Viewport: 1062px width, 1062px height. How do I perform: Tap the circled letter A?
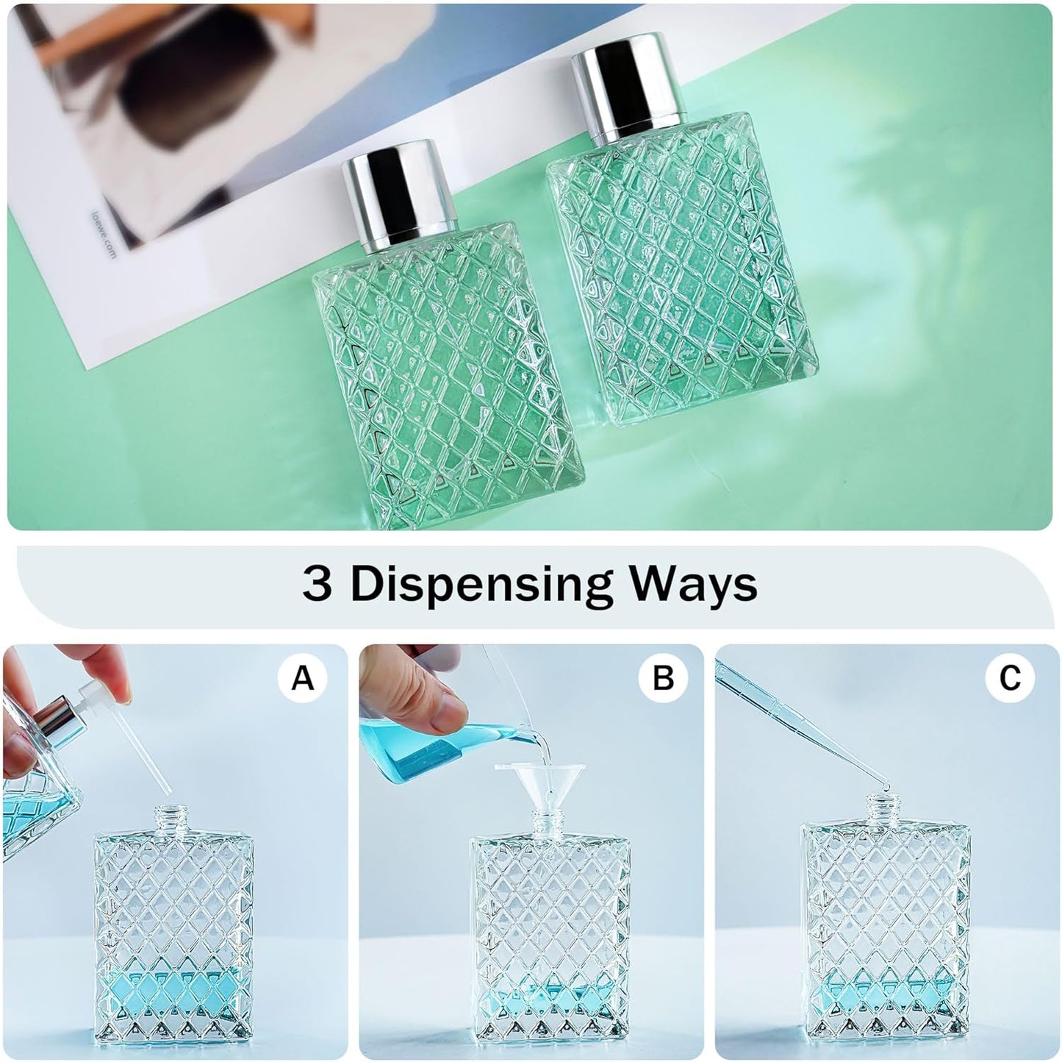click(302, 678)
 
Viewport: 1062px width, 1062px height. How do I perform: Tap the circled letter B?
click(663, 678)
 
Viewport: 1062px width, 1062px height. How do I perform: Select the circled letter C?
click(1010, 678)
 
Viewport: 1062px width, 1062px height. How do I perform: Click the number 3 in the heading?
click(317, 585)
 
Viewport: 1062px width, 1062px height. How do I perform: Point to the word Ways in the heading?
click(695, 585)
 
